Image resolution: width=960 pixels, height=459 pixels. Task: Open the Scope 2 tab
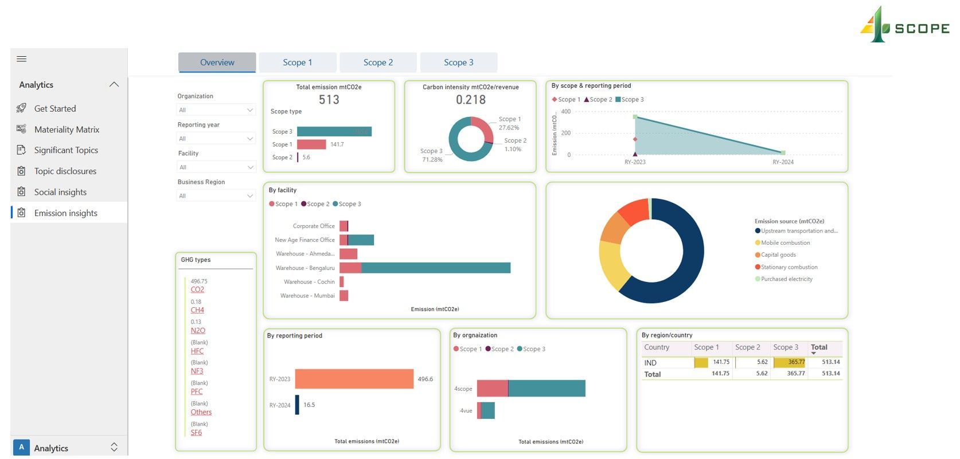(x=378, y=62)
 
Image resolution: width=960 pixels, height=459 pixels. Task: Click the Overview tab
(x=217, y=62)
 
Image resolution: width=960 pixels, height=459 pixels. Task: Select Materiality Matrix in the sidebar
(x=67, y=130)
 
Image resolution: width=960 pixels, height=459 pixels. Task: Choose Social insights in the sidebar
(x=60, y=192)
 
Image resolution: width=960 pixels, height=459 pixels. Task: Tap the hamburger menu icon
(x=22, y=59)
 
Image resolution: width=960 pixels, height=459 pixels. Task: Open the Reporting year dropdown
(x=216, y=139)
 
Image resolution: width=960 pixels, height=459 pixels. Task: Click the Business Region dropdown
(x=216, y=196)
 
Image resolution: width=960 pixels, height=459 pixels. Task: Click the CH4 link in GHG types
(x=197, y=310)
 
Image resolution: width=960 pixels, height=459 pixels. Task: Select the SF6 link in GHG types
(x=196, y=433)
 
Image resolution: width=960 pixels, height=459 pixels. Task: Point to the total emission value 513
(x=329, y=100)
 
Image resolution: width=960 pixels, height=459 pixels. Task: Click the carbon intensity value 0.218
(x=471, y=100)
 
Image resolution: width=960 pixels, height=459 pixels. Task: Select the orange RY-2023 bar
(x=354, y=379)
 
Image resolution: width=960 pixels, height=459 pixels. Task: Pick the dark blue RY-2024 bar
(x=297, y=405)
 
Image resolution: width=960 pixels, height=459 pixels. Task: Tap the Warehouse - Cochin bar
(x=342, y=282)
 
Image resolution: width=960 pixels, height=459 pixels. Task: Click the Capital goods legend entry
(x=778, y=255)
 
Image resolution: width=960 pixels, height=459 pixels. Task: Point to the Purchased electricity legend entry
(x=786, y=279)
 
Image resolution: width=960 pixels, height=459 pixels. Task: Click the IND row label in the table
(x=650, y=363)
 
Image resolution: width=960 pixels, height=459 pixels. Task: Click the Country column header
(x=657, y=347)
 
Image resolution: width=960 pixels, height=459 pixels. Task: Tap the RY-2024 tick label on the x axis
(x=783, y=162)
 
